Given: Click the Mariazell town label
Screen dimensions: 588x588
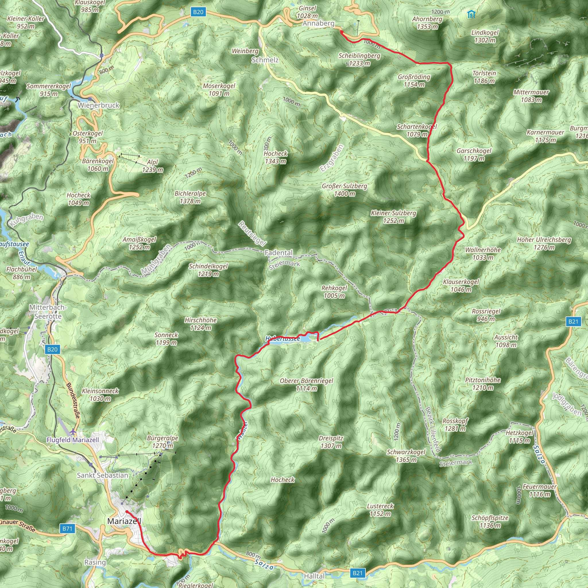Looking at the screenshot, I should pos(124,521).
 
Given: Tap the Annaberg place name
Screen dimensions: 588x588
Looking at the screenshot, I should pos(318,24).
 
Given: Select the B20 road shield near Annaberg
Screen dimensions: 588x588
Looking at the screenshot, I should pos(198,12).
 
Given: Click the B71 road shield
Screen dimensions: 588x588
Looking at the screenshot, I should pos(67,529).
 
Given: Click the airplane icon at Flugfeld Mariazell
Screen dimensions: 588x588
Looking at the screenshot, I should pos(73,432).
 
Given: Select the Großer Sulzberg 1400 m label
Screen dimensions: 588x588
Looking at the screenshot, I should pos(345,190).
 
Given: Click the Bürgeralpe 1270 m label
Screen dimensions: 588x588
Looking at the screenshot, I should pos(163,442).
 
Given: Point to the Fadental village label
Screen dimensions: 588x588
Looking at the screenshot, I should pos(278,253).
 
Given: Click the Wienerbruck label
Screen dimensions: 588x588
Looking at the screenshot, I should pos(98,105).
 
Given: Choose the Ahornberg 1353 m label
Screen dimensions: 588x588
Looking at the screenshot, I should pos(427,23).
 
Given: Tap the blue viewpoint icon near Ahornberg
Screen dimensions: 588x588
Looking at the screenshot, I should pos(471,14).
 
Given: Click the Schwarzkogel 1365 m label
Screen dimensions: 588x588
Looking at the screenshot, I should pos(406,456).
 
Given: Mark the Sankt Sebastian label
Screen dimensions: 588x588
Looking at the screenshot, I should pos(102,475).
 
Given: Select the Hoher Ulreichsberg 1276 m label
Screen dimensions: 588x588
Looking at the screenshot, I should pos(544,243).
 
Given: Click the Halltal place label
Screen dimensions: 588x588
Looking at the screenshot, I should pos(314,576).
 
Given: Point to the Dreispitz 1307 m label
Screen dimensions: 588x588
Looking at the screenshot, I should pos(331,442).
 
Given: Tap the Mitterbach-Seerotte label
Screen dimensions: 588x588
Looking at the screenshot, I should pos(48,312).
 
